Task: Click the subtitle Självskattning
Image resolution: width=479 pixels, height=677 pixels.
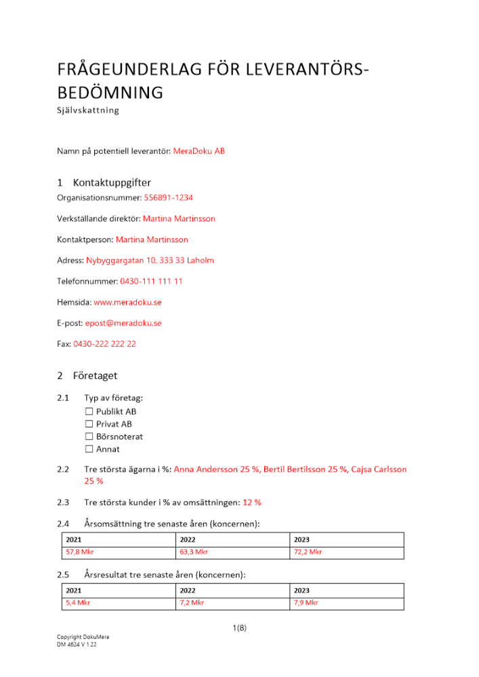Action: tap(87, 110)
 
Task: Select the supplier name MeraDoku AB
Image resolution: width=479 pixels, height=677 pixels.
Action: tap(199, 151)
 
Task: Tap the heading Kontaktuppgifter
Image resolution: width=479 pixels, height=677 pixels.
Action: tap(112, 183)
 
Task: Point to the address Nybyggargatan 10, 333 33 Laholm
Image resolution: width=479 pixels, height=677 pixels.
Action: tap(150, 260)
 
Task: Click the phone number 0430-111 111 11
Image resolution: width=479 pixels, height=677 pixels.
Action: tap(151, 281)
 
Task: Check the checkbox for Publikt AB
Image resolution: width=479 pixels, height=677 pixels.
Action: tap(89, 412)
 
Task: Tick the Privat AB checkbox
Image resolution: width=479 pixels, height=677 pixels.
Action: tap(89, 424)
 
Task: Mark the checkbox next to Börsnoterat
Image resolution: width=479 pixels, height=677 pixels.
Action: tap(89, 437)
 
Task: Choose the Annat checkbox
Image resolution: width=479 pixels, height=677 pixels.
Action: tap(89, 449)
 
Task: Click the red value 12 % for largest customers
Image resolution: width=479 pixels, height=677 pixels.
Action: tap(252, 502)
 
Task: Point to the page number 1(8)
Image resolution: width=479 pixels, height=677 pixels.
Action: tap(239, 628)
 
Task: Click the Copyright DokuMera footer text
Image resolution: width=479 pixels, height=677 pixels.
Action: tap(83, 637)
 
